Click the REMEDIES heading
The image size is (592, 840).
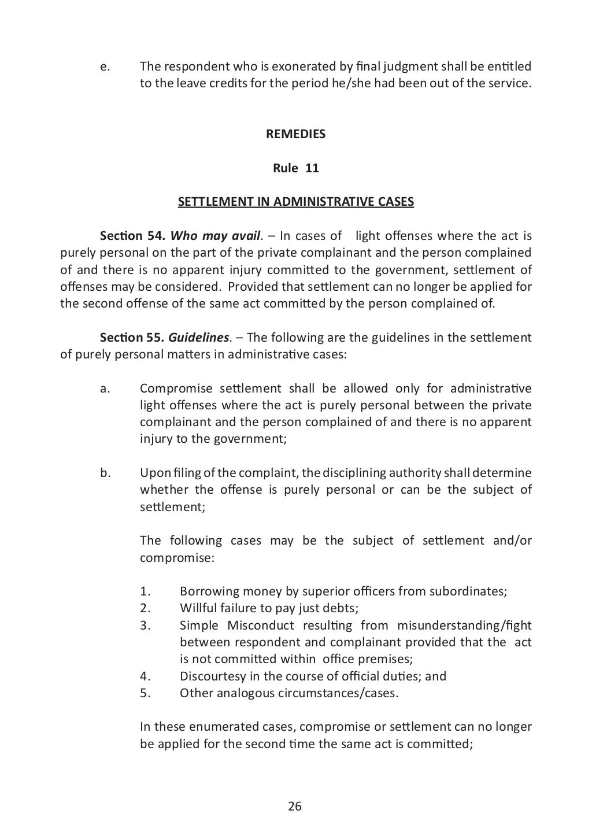[x=295, y=134]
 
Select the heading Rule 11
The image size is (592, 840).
[x=295, y=168]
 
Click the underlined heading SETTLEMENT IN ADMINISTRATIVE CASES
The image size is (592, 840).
[x=295, y=202]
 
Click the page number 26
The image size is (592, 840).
[x=295, y=806]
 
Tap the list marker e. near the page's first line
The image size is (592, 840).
[x=105, y=66]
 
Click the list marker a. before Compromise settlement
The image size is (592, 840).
[x=105, y=388]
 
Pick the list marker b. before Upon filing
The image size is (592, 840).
[x=105, y=473]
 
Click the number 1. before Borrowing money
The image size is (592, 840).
[x=145, y=591]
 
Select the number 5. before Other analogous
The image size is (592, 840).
[x=145, y=693]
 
